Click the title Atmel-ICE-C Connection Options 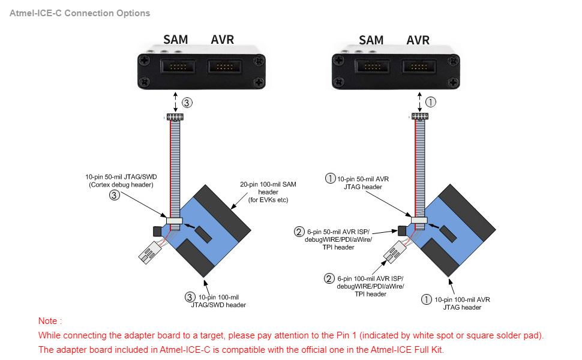[80, 13]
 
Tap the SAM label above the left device [175, 40]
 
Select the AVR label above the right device [418, 40]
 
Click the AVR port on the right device [418, 66]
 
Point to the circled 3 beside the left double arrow [188, 103]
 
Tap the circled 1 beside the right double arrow [430, 102]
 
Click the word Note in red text [50, 321]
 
